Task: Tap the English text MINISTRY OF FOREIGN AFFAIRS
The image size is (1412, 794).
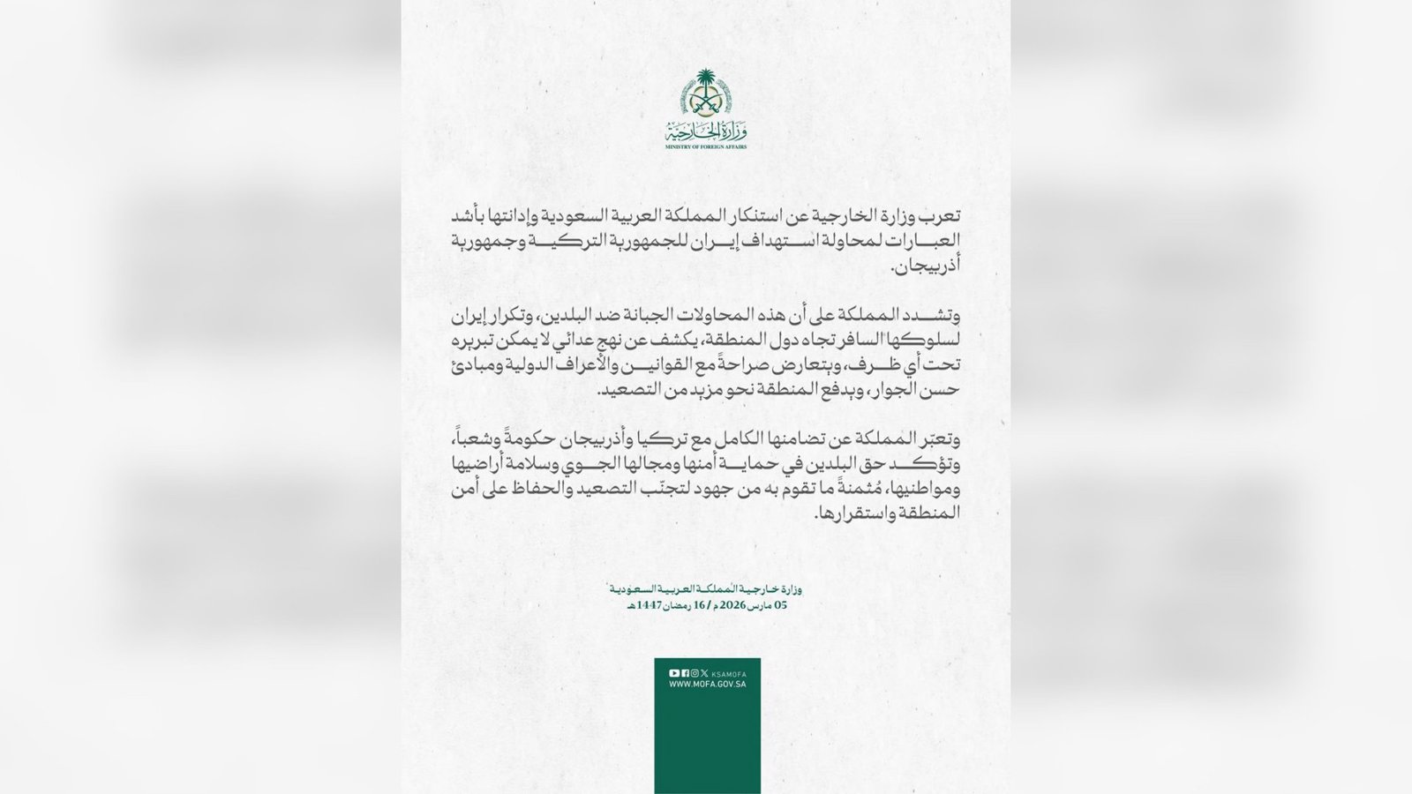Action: (705, 146)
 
